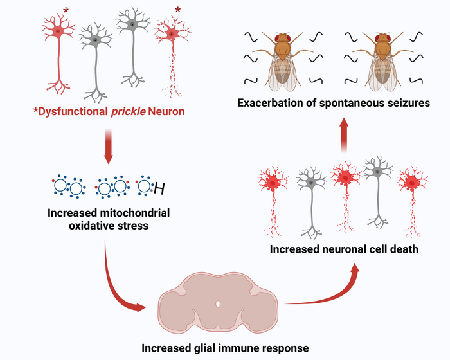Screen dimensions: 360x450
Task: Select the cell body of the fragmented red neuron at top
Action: point(171,33)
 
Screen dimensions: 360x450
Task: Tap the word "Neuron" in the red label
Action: point(167,113)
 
